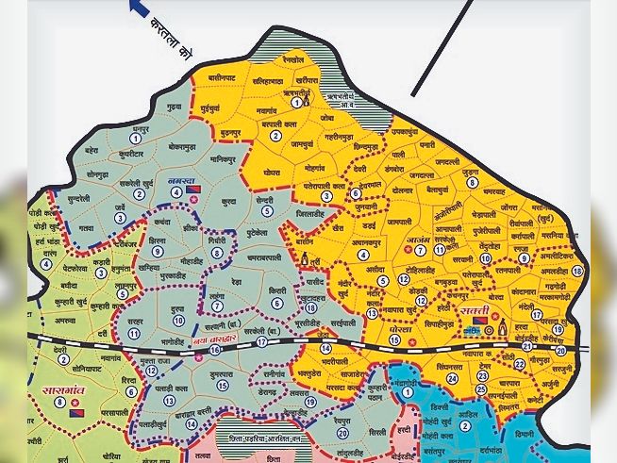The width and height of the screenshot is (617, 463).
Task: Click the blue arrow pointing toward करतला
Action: coord(140,8)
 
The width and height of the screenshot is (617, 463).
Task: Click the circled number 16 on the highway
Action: coord(215,350)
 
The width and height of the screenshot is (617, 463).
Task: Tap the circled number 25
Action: coord(481,389)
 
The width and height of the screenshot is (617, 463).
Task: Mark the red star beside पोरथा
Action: coord(412,329)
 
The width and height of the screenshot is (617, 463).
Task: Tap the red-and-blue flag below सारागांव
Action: coord(76,413)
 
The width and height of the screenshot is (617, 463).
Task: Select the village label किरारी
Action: coord(277,291)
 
